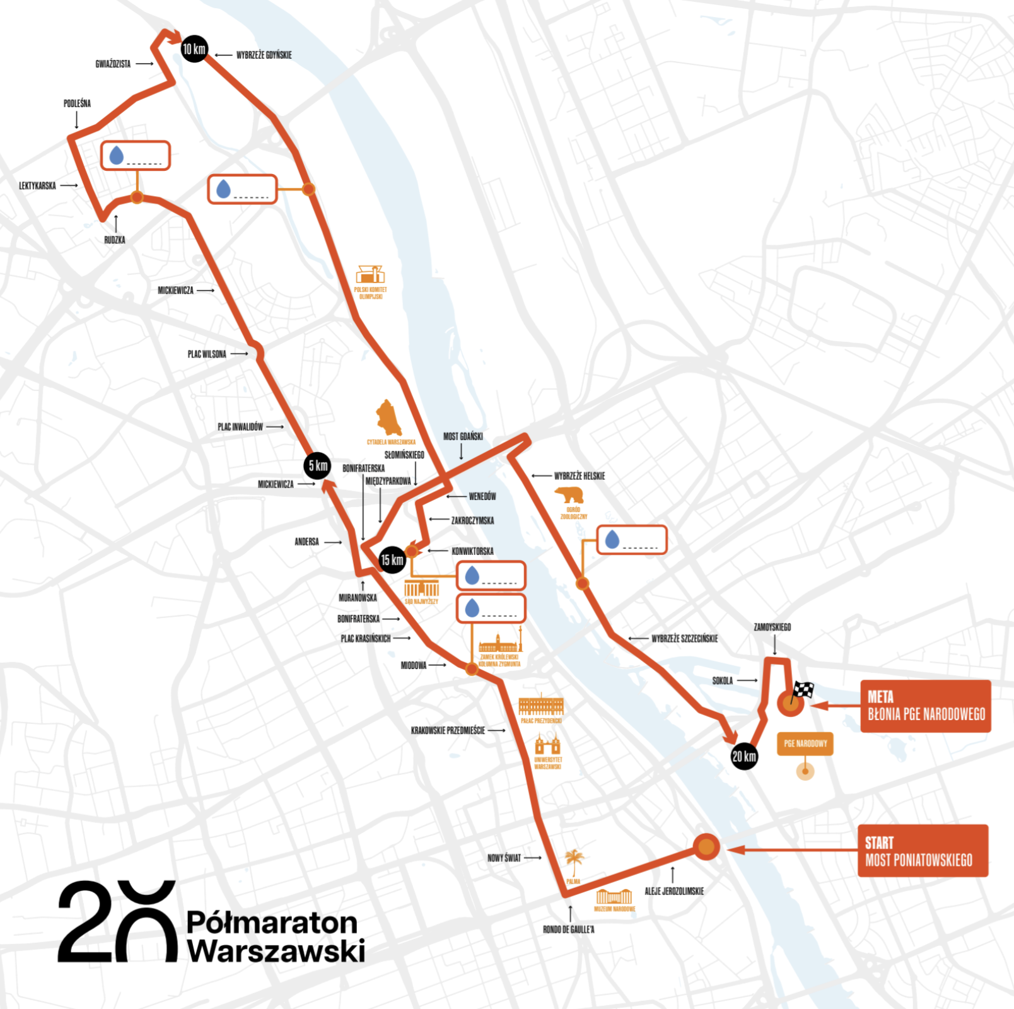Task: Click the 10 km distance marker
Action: [194, 49]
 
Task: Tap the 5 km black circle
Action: [317, 466]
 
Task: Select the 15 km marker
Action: [392, 560]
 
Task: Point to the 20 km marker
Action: [744, 756]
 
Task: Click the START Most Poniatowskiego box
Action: [922, 851]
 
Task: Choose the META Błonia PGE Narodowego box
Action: [925, 706]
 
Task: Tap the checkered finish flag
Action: [803, 690]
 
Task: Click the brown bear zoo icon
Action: [570, 494]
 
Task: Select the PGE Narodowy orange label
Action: [805, 744]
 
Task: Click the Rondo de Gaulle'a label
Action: [569, 930]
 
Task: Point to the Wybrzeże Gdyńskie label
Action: [264, 55]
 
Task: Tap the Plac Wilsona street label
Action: [207, 354]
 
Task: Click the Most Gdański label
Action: [463, 436]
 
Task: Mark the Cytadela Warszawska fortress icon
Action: [388, 417]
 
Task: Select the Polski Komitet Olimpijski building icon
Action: [370, 274]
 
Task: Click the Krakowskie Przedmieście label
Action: [448, 730]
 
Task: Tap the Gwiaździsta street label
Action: [113, 64]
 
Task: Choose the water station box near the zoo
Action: [631, 540]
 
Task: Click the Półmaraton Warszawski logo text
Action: [276, 937]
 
